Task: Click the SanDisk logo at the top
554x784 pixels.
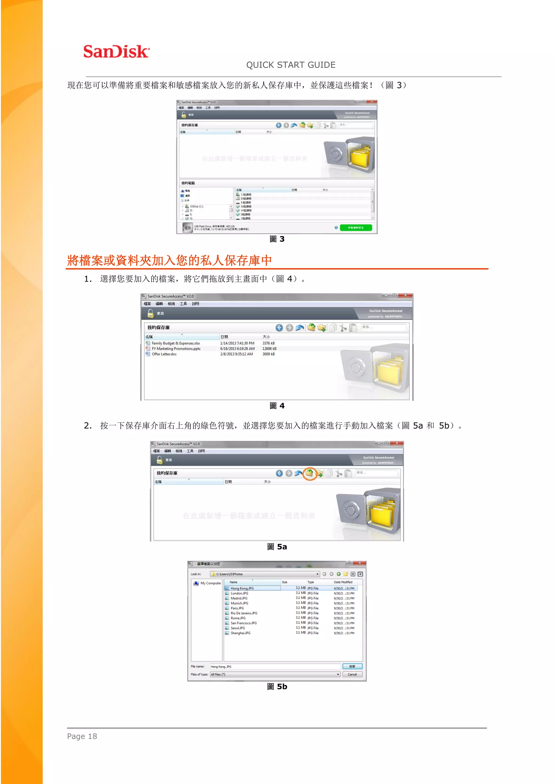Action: (116, 51)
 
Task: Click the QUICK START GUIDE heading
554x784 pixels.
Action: (291, 65)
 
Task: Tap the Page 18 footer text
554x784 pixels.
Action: (82, 736)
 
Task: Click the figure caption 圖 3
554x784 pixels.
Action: (277, 239)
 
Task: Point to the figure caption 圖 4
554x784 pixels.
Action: (277, 406)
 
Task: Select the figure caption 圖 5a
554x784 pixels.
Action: (277, 547)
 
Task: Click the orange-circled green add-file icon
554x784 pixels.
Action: (310, 473)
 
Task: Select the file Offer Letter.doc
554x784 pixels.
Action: (164, 354)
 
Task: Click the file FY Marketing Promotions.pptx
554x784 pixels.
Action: (176, 349)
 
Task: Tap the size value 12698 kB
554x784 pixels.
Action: (269, 349)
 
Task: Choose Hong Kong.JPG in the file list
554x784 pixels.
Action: (242, 588)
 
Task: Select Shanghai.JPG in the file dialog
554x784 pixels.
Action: (240, 633)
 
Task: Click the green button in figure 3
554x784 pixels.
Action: (355, 227)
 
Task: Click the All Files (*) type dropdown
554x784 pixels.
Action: (275, 674)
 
